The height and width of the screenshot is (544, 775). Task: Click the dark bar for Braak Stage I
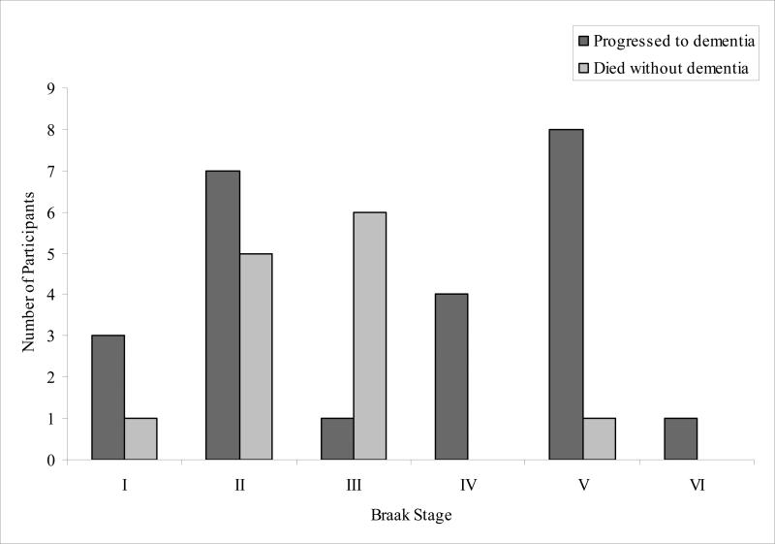click(108, 398)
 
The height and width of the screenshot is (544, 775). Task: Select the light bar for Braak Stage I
click(140, 439)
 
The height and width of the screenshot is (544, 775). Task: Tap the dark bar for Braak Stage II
click(223, 315)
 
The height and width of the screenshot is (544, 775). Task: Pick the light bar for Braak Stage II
click(256, 357)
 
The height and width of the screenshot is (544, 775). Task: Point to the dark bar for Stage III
click(337, 439)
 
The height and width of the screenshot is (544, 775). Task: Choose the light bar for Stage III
click(370, 336)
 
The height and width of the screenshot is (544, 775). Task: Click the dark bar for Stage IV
click(451, 377)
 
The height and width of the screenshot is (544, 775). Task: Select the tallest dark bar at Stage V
click(566, 295)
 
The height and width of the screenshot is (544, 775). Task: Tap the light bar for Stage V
click(599, 439)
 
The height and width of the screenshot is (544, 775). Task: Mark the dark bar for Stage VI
click(680, 439)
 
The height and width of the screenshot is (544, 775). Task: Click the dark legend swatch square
click(583, 41)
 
